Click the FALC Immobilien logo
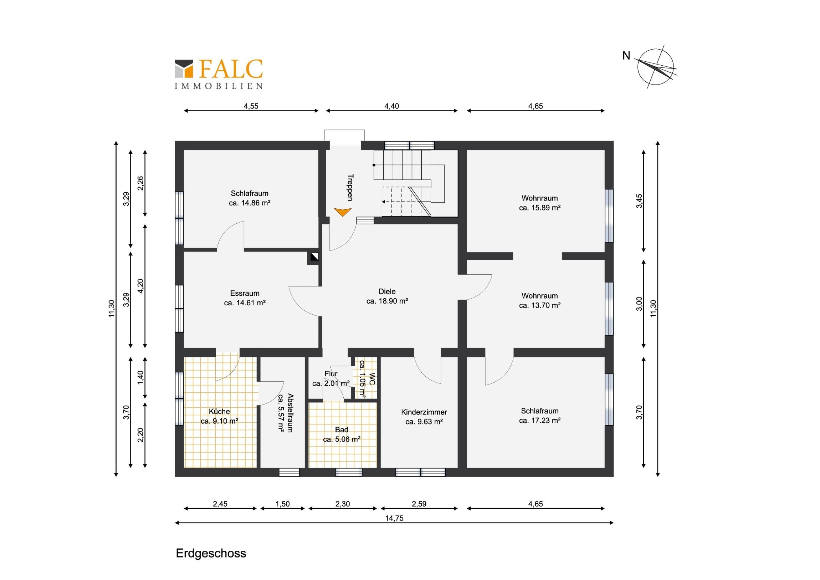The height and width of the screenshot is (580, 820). (x=219, y=74)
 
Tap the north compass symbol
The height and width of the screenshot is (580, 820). (x=655, y=67)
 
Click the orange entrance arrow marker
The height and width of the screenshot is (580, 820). (x=343, y=212)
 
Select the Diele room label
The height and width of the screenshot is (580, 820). (x=387, y=296)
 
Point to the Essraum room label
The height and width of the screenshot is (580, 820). (x=245, y=298)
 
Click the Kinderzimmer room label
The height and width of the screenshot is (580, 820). (x=424, y=417)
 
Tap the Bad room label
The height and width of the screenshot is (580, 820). (x=342, y=434)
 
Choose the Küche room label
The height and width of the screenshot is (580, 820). (x=219, y=416)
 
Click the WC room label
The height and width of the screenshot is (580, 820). (x=367, y=379)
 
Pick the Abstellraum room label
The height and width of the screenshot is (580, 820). (x=286, y=413)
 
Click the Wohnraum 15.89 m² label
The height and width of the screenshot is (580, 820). (x=540, y=203)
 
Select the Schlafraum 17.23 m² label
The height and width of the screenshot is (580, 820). (x=540, y=415)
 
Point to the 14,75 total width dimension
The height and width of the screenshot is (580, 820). (x=394, y=518)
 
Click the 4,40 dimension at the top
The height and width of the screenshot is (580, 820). (x=391, y=106)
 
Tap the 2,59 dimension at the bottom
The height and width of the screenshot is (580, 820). (x=419, y=504)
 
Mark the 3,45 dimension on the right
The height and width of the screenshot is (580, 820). (x=639, y=201)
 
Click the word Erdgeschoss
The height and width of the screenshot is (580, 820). (x=211, y=553)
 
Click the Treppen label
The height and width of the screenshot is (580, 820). (x=350, y=187)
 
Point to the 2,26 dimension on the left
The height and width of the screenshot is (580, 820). (x=140, y=183)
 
